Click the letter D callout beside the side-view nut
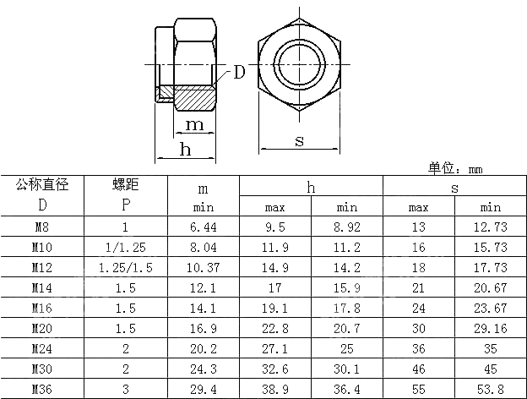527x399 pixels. click(x=239, y=73)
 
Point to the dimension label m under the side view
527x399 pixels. click(x=194, y=125)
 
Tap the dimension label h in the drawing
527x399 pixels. click(x=185, y=150)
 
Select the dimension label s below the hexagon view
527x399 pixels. click(x=299, y=141)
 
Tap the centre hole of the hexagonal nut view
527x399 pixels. click(x=299, y=64)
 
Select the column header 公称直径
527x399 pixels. click(x=42, y=184)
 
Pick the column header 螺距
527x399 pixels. click(x=125, y=184)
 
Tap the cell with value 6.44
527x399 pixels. click(x=204, y=227)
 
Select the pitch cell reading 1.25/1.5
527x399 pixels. click(x=125, y=267)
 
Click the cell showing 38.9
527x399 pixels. click(x=275, y=389)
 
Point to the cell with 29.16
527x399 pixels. click(x=490, y=328)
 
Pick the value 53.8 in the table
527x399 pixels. click(x=490, y=389)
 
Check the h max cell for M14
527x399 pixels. click(x=275, y=287)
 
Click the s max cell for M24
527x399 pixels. click(x=419, y=348)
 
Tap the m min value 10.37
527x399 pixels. click(x=204, y=267)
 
